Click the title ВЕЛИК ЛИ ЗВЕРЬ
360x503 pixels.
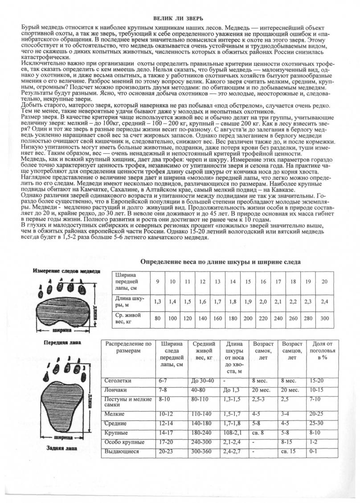[178, 18]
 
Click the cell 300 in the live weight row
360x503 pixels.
[324, 318]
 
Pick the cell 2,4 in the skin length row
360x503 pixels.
[324, 301]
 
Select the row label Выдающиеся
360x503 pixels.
[121, 451]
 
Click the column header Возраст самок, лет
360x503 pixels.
[263, 351]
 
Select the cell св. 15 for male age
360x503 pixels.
[289, 451]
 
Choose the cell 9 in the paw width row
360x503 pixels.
[157, 281]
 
